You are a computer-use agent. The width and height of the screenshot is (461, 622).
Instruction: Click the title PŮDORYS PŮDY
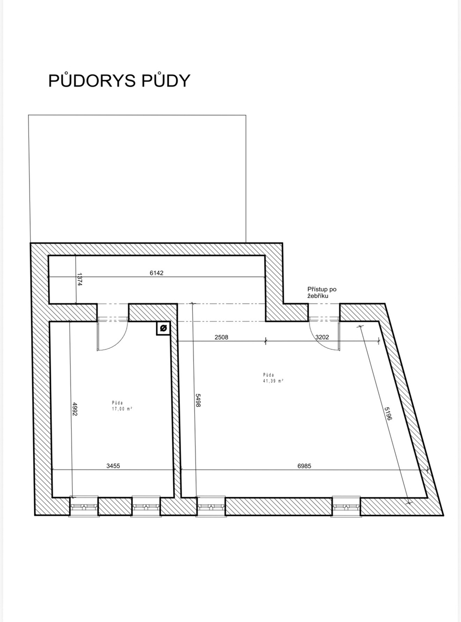click(119, 80)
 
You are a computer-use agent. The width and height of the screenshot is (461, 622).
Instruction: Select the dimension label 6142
click(156, 273)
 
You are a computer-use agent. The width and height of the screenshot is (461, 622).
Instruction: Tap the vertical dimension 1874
click(79, 279)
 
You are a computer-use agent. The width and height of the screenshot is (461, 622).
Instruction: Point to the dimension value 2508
click(221, 337)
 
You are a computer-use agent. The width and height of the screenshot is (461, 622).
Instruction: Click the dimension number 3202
click(322, 337)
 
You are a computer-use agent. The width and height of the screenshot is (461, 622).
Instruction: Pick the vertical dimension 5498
click(198, 400)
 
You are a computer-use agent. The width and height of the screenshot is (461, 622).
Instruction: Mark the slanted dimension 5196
click(388, 414)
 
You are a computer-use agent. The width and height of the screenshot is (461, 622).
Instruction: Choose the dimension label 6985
click(304, 466)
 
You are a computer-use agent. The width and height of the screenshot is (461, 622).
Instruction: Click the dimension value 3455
click(113, 466)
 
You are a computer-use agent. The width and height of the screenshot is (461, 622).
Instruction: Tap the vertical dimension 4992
click(74, 409)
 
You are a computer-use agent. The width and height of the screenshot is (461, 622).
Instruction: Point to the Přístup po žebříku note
click(322, 292)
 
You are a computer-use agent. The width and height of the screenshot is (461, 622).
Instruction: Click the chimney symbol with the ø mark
click(163, 328)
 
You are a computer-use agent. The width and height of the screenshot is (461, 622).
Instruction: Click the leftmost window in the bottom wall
click(83, 506)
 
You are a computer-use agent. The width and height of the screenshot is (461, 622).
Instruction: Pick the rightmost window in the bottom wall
click(346, 506)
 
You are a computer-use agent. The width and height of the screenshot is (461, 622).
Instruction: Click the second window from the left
click(146, 506)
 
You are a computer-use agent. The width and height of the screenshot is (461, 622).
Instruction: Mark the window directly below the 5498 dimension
click(211, 506)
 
